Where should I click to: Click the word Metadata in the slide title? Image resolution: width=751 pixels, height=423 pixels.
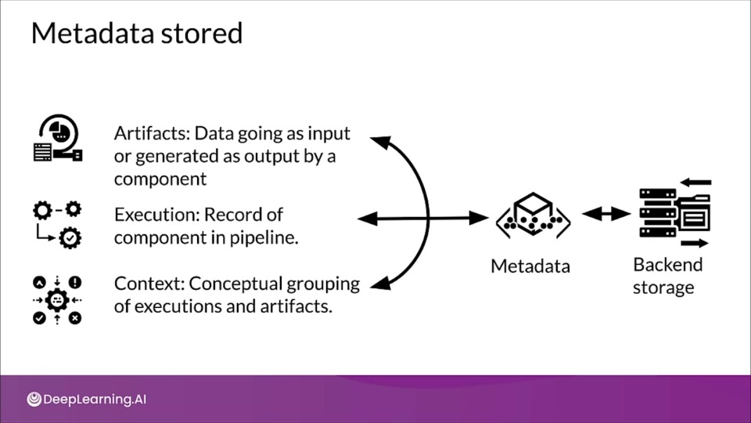tap(92, 33)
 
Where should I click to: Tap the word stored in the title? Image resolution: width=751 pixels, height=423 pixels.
tap(202, 33)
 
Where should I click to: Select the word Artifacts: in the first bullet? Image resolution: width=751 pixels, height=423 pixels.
tap(152, 133)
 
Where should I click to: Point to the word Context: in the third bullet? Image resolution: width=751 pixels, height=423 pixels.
tap(149, 284)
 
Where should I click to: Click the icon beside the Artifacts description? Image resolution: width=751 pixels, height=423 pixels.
tap(58, 138)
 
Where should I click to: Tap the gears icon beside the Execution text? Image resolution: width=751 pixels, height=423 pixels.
tap(57, 225)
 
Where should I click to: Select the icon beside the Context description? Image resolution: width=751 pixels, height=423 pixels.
tap(57, 300)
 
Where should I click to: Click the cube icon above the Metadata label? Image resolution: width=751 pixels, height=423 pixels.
tap(533, 215)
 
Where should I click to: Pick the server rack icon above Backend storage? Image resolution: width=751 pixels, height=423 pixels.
tap(675, 213)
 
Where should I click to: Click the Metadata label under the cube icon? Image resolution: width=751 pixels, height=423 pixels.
tap(530, 266)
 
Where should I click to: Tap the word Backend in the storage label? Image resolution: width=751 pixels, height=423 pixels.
tap(667, 264)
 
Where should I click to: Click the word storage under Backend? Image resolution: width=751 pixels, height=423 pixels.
tap(663, 287)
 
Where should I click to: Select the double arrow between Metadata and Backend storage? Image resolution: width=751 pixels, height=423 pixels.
tap(605, 214)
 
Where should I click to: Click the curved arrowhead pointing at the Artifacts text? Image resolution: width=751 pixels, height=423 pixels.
tap(381, 142)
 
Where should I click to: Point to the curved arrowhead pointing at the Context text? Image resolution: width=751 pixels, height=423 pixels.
tap(381, 284)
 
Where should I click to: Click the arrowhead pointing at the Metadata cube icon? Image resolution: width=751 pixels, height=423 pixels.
tap(479, 219)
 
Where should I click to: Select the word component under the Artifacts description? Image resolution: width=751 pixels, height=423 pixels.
tap(160, 179)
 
